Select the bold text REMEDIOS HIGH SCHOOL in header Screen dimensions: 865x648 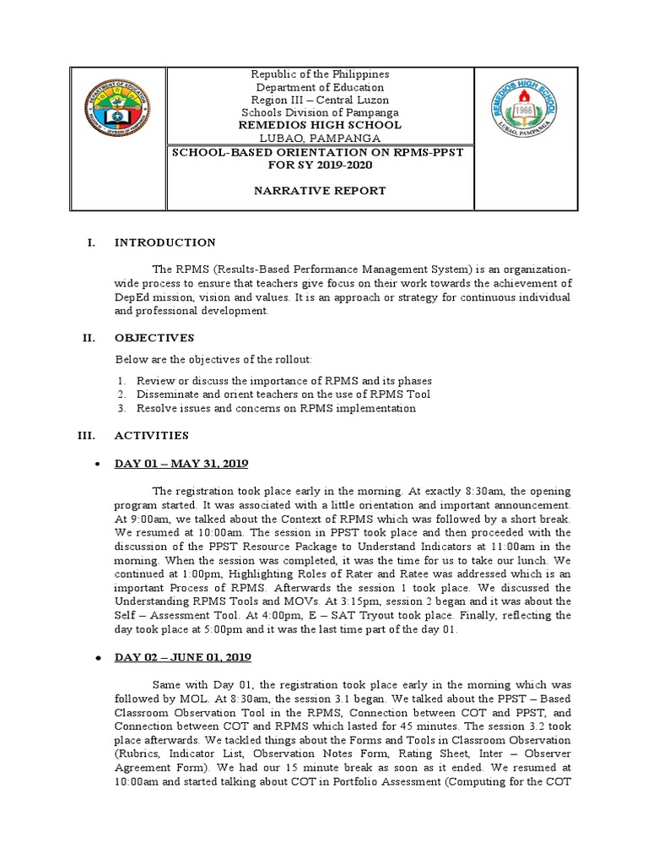click(x=321, y=125)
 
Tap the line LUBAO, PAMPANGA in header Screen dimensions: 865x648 click(x=321, y=138)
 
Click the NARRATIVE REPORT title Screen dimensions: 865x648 click(x=321, y=191)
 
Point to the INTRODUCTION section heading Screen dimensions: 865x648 click(x=165, y=243)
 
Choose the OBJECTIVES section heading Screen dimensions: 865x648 click(x=160, y=338)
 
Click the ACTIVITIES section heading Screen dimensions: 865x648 click(x=158, y=436)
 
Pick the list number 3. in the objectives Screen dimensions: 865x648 click(x=121, y=409)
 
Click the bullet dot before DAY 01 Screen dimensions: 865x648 click(x=100, y=465)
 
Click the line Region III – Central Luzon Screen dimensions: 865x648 click(x=321, y=100)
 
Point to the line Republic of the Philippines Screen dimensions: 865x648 click(x=321, y=74)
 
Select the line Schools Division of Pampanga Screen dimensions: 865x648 click(x=321, y=112)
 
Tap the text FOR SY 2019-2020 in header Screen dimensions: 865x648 click(x=321, y=164)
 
